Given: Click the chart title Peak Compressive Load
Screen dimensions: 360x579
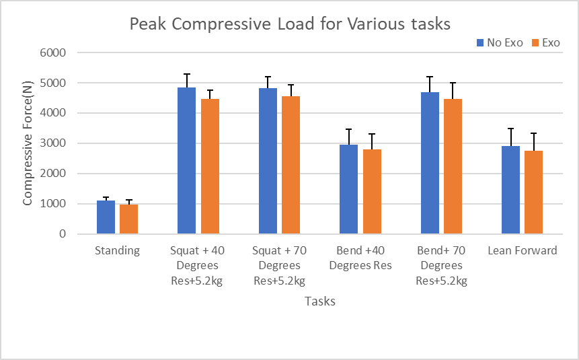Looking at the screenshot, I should tap(289, 24).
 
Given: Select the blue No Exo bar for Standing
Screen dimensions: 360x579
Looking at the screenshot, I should tap(106, 217).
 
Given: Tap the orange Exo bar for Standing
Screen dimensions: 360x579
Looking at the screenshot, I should tap(128, 219).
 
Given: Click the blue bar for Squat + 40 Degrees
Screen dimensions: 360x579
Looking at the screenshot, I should tap(186, 161).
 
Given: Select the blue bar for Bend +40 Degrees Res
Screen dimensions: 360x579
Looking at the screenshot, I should tap(348, 189).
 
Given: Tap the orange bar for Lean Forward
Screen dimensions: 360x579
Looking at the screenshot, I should tap(533, 192).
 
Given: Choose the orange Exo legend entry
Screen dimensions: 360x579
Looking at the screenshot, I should tap(546, 42).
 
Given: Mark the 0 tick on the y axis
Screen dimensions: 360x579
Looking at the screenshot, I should tap(61, 234).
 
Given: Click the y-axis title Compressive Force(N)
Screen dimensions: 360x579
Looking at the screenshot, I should tap(28, 143).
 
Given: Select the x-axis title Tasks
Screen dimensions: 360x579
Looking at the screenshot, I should tap(319, 301).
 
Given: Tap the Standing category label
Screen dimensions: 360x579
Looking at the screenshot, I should tap(117, 250).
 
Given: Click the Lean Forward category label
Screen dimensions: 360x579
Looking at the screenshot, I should tap(522, 250).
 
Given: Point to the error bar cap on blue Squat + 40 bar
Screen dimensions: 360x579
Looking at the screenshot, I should tap(186, 74).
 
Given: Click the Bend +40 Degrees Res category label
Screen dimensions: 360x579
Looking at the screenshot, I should tap(360, 258).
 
